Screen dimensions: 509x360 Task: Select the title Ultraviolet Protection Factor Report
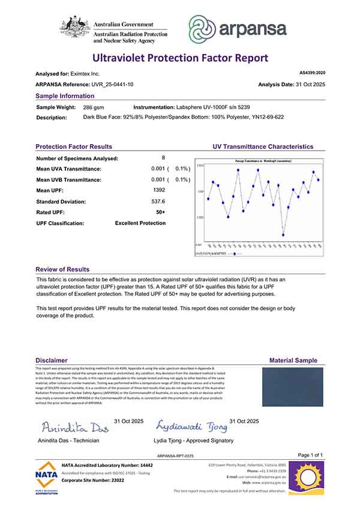point(180,58)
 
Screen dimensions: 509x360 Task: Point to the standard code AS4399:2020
point(312,73)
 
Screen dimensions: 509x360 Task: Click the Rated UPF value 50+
point(160,212)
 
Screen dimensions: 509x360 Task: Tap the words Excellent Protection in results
point(140,223)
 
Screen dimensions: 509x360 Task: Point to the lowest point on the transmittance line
point(283,235)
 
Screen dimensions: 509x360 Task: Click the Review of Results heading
point(62,270)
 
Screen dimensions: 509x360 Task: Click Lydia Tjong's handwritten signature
point(191,426)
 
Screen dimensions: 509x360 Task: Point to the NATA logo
point(47,478)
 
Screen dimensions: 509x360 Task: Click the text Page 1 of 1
point(310,455)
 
